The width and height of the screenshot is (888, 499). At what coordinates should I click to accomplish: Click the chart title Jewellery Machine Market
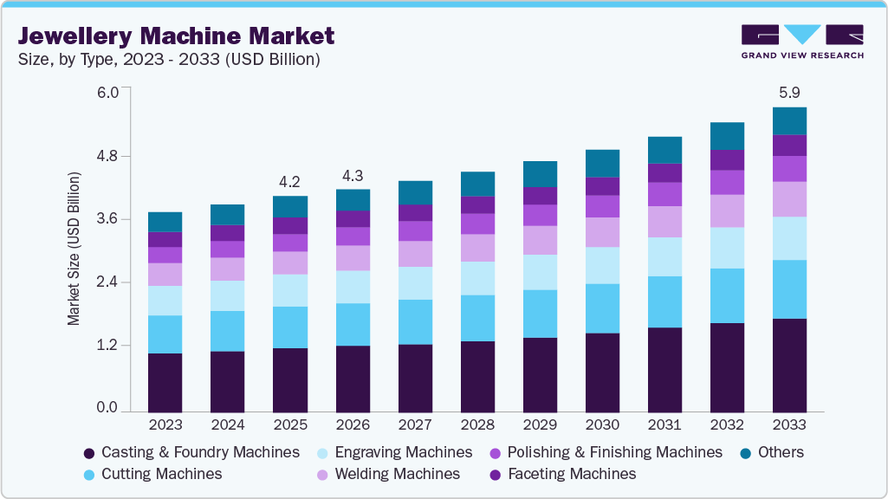[176, 36]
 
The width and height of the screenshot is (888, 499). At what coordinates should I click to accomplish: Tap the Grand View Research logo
[801, 42]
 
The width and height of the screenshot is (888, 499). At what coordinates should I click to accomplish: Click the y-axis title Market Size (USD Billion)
[74, 249]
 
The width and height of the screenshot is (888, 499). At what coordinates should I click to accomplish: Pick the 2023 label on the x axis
[165, 425]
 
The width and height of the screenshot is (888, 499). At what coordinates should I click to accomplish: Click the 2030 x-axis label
[602, 425]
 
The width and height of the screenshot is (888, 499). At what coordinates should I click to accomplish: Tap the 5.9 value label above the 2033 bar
[789, 92]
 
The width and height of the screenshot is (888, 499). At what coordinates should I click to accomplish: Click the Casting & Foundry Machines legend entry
[199, 452]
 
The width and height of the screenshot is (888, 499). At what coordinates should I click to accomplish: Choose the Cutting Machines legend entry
[161, 474]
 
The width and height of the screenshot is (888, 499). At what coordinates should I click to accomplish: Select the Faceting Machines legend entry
[572, 474]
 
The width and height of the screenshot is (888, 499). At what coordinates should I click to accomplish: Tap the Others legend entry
[780, 452]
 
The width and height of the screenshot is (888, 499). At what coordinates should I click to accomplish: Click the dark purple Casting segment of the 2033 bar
[789, 365]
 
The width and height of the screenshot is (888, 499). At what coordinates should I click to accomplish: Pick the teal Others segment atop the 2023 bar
[165, 222]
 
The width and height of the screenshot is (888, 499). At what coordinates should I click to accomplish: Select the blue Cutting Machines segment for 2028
[477, 318]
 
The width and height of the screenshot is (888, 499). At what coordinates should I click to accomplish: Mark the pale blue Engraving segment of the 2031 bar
[664, 256]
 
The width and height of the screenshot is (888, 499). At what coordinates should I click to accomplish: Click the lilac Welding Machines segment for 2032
[727, 211]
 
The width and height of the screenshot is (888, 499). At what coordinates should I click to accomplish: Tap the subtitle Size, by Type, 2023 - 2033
[169, 60]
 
